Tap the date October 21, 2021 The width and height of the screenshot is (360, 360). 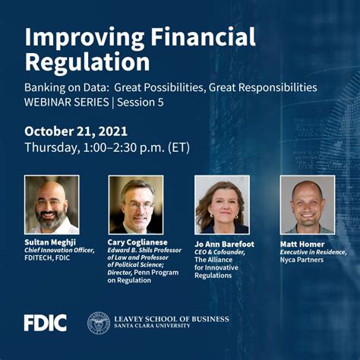tap(75, 131)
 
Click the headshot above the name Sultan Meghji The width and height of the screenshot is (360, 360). tap(52, 204)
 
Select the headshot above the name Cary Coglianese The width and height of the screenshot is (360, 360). tap(136, 204)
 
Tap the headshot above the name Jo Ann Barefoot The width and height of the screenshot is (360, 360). tap(222, 204)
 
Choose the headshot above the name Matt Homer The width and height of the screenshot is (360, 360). tap(307, 204)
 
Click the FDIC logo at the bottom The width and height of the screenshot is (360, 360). tap(45, 322)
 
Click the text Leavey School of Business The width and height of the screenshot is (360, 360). tap(171, 318)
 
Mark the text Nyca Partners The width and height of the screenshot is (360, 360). tap(302, 260)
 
